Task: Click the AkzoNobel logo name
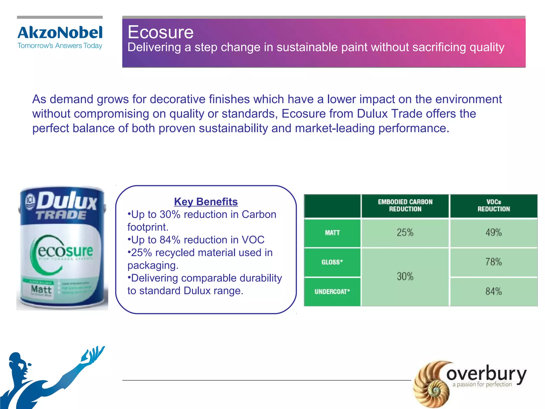pos(60,33)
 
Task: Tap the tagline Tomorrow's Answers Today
pos(60,46)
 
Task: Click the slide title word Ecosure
pos(160,32)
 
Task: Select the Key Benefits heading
pos(206,202)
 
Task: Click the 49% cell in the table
pos(494,233)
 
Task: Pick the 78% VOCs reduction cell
pos(494,262)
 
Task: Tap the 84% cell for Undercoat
pos(494,292)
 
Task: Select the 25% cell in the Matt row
pos(405,233)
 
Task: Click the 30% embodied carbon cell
pos(405,277)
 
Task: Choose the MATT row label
pos(332,233)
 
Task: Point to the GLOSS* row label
pos(332,262)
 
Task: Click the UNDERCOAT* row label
pos(332,292)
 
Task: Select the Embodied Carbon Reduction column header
pos(405,206)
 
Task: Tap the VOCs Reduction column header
pos(494,206)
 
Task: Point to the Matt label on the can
pos(41,289)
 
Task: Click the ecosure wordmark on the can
pos(65,251)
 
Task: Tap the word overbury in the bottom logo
pos(486,374)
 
